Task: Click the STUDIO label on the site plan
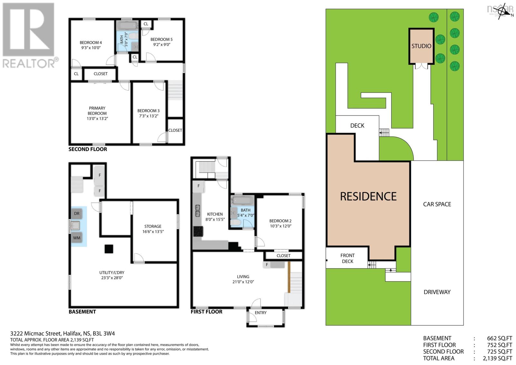pos(421,46)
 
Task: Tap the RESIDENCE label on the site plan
pos(368,196)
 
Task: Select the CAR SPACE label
pos(437,204)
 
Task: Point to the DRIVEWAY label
pos(437,292)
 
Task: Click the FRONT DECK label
pos(347,258)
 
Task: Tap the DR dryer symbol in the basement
pos(77,214)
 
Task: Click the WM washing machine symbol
pos(77,238)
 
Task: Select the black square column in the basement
pos(109,249)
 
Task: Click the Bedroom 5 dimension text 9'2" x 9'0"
pos(161,45)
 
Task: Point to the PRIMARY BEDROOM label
pos(97,111)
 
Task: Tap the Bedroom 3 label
pos(148,111)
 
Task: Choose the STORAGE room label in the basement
pos(153,226)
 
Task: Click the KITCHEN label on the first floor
pos(215,214)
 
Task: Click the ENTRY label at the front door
pos(261,313)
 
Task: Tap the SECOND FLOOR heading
pos(88,149)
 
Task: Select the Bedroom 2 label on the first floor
pos(280,221)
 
